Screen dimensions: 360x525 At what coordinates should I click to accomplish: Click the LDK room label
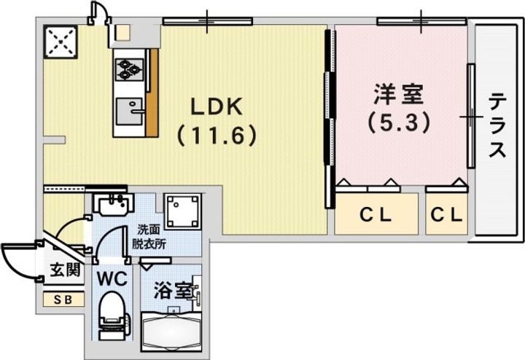tap(215, 107)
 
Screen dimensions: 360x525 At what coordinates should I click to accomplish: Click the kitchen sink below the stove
tap(130, 109)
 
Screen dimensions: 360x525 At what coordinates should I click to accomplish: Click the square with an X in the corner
tap(61, 42)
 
